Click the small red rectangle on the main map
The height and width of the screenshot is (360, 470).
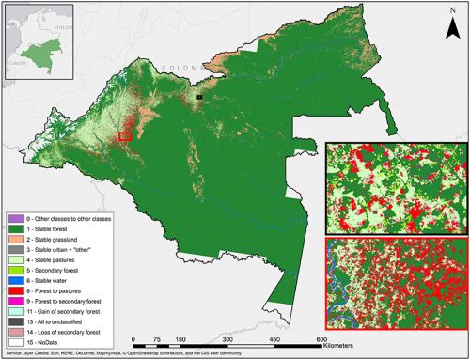124,136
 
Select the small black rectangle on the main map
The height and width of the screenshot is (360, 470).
199,95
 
